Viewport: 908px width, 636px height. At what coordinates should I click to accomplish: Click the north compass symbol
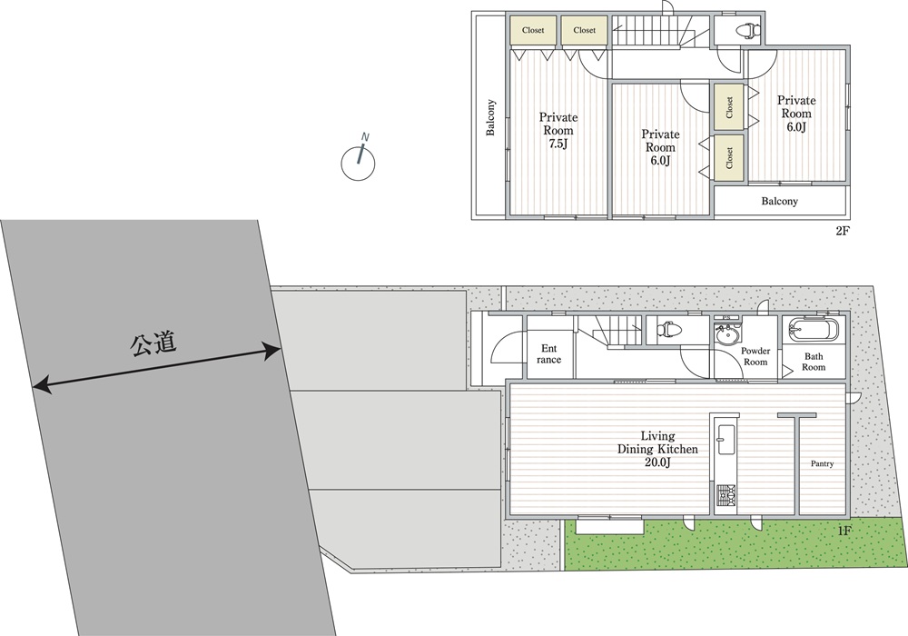358,162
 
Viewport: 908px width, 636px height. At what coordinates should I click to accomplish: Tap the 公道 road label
153,344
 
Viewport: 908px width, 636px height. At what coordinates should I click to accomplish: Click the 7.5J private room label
558,130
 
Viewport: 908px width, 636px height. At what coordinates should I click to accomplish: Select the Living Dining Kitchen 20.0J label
657,449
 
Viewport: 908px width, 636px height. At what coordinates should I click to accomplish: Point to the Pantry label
822,464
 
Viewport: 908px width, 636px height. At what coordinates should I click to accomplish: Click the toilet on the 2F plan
745,29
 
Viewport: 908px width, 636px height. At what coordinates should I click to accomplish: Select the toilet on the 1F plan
669,330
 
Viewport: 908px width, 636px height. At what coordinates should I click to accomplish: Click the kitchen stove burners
725,495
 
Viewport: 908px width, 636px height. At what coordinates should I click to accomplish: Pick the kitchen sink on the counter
725,439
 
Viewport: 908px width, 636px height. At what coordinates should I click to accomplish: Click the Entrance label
549,354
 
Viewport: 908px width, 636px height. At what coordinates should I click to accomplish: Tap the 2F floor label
842,231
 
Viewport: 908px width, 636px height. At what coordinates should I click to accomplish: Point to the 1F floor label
844,529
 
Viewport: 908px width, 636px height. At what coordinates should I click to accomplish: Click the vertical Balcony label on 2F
490,117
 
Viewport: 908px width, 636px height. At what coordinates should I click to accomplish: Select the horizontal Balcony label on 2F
779,202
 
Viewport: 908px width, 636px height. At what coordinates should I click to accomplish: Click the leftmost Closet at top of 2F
533,30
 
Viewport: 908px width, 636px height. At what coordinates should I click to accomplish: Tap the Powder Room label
755,356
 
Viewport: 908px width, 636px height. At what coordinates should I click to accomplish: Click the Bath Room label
814,362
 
